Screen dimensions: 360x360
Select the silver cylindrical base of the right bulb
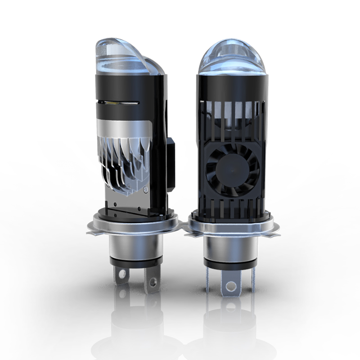[229, 245]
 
